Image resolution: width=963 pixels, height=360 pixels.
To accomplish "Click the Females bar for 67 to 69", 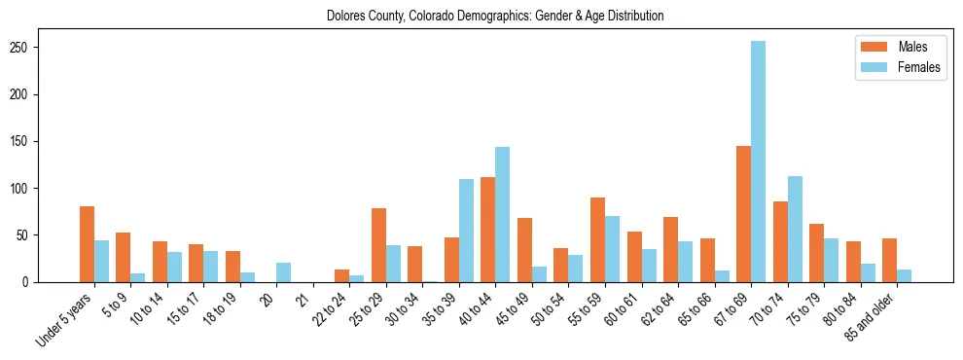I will pos(758,162).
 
